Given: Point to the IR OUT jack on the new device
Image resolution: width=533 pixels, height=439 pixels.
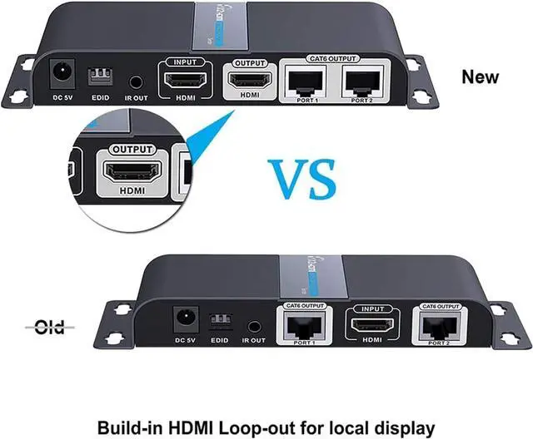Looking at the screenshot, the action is point(136,83).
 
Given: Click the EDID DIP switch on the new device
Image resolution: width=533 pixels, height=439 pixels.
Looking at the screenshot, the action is point(99,76).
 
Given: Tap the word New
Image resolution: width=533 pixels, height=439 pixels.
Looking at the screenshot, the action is point(481,76).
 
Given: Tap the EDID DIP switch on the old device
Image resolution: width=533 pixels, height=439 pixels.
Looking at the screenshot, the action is point(219,321).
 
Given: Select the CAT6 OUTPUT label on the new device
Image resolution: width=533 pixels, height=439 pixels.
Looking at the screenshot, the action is point(334,60).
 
